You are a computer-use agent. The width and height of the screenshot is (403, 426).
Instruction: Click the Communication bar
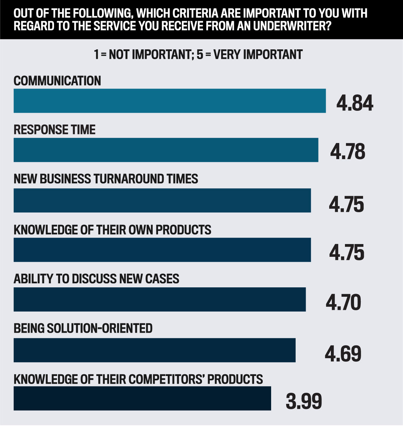(x=169, y=101)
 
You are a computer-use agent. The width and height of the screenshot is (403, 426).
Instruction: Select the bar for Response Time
(x=166, y=150)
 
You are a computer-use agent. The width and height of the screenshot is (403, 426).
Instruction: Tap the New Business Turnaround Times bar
(x=162, y=200)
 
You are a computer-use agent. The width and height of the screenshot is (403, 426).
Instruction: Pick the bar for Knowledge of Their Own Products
(x=162, y=250)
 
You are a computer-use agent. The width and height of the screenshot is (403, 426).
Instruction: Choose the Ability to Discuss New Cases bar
(x=160, y=299)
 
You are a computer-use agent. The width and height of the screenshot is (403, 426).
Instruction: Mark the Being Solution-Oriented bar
(x=154, y=350)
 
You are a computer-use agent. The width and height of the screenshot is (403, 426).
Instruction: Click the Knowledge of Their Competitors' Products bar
(x=142, y=398)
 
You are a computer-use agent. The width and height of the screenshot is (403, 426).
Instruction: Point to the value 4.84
(x=355, y=103)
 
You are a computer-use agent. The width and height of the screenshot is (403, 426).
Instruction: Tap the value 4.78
(x=348, y=152)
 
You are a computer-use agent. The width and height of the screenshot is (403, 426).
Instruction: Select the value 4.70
(x=343, y=302)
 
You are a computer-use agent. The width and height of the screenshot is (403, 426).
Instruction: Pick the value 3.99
(x=304, y=401)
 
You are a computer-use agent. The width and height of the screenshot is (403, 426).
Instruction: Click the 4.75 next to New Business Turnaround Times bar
(x=346, y=204)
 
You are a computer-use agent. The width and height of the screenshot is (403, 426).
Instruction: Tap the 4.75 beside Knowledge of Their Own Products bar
(x=347, y=252)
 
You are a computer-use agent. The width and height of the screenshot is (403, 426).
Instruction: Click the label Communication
(x=57, y=81)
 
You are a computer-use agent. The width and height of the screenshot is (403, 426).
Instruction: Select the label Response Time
(x=55, y=130)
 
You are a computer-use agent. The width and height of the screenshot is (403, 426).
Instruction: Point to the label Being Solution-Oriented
(x=83, y=328)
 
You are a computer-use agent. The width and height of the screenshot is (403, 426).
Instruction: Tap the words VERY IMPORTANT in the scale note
(x=258, y=54)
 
